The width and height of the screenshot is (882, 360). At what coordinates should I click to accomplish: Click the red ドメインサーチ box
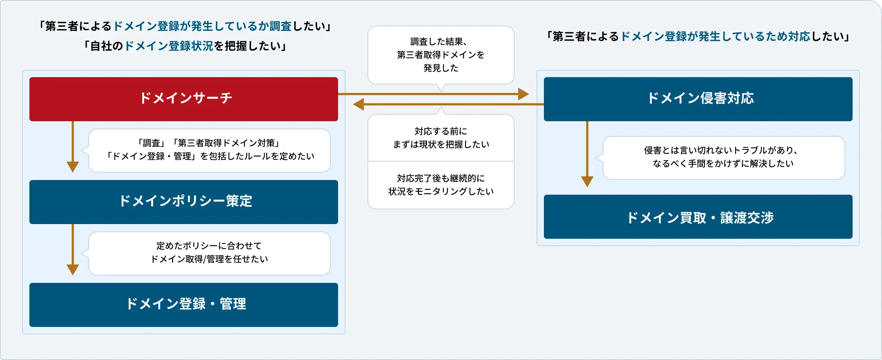tap(184, 99)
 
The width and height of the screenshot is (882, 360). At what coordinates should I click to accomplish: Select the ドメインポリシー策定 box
tap(184, 202)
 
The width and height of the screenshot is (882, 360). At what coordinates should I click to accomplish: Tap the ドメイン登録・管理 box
tap(184, 305)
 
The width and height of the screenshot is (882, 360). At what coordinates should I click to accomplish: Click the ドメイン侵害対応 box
tap(698, 99)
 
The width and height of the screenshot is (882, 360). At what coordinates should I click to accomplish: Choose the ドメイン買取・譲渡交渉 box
tap(698, 217)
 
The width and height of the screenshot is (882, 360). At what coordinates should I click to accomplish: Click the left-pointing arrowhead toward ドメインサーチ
tap(359, 104)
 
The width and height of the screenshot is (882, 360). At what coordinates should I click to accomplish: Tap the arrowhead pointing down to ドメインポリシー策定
tap(73, 166)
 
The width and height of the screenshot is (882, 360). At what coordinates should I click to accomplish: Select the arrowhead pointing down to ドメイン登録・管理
tap(73, 269)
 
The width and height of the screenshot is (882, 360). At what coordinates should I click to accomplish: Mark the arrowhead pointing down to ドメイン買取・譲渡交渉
tap(587, 181)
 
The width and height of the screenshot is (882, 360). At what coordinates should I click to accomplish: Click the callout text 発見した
tap(441, 68)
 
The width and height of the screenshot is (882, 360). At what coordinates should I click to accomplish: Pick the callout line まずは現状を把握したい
tap(441, 144)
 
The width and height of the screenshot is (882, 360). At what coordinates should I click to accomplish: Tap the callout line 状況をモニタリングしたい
tap(441, 191)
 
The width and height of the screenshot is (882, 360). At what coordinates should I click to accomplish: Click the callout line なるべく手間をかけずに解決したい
tap(723, 163)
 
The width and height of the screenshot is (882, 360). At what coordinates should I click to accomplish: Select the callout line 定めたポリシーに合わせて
tap(209, 246)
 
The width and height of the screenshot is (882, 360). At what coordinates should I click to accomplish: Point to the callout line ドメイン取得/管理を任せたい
tap(209, 259)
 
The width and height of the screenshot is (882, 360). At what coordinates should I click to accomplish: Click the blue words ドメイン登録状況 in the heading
tap(169, 46)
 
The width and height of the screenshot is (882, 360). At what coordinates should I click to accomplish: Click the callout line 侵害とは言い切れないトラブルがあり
tap(720, 150)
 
